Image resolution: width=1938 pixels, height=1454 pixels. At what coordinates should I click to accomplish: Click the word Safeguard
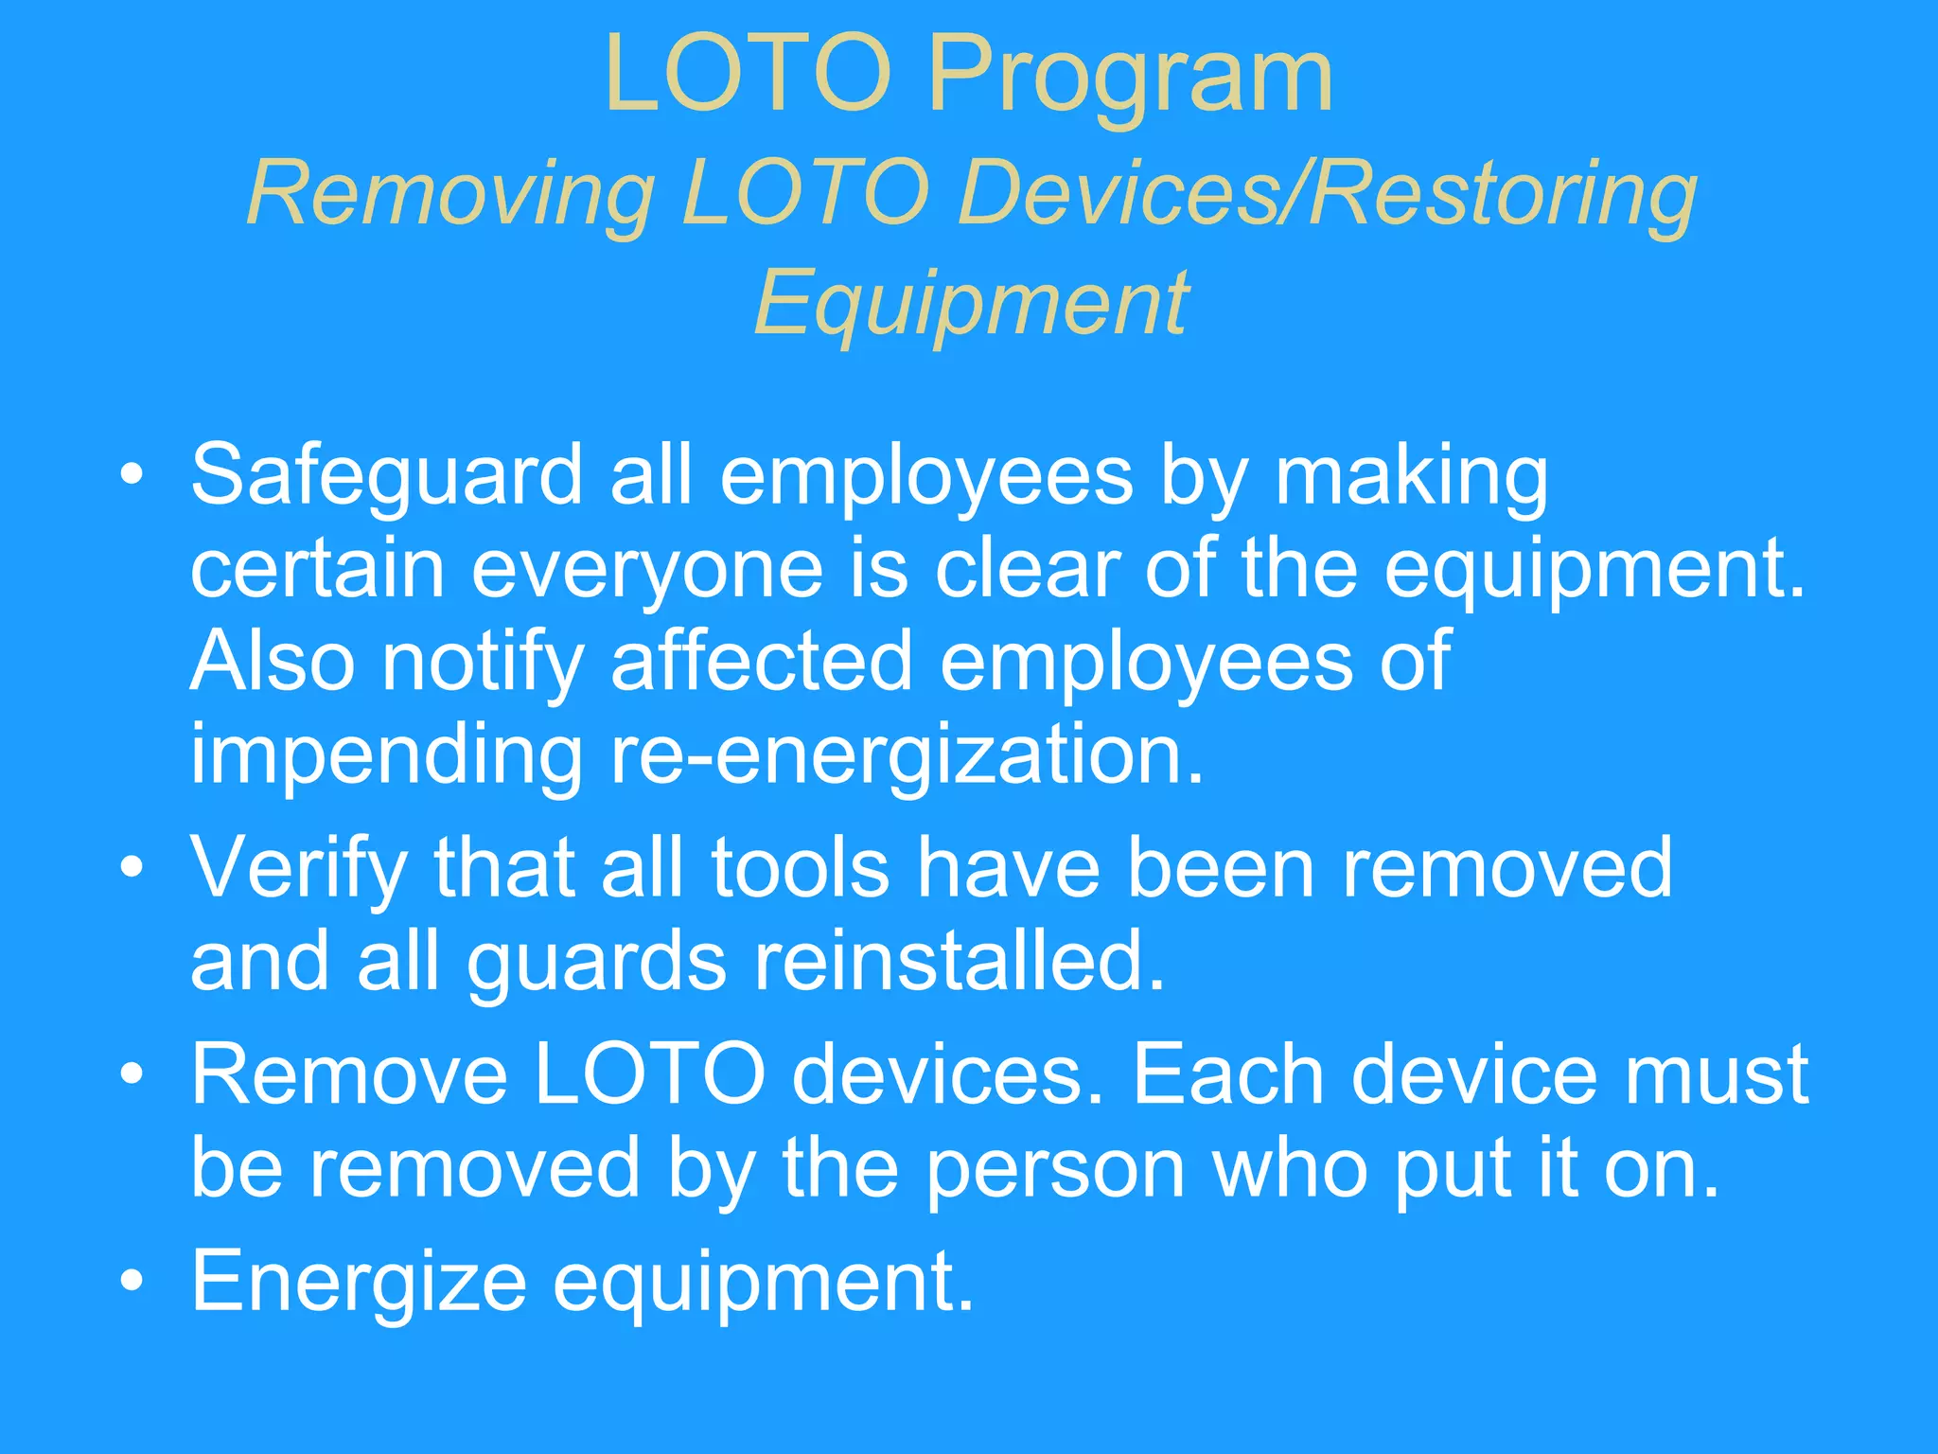pyautogui.click(x=386, y=475)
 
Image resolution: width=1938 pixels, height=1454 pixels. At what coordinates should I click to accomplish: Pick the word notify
pyautogui.click(x=483, y=663)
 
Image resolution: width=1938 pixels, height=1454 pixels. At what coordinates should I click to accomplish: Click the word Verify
pyautogui.click(x=299, y=869)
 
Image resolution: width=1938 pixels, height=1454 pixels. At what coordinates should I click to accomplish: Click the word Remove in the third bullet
pyautogui.click(x=350, y=1075)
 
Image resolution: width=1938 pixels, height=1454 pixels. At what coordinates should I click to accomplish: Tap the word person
pyautogui.click(x=1055, y=1170)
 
